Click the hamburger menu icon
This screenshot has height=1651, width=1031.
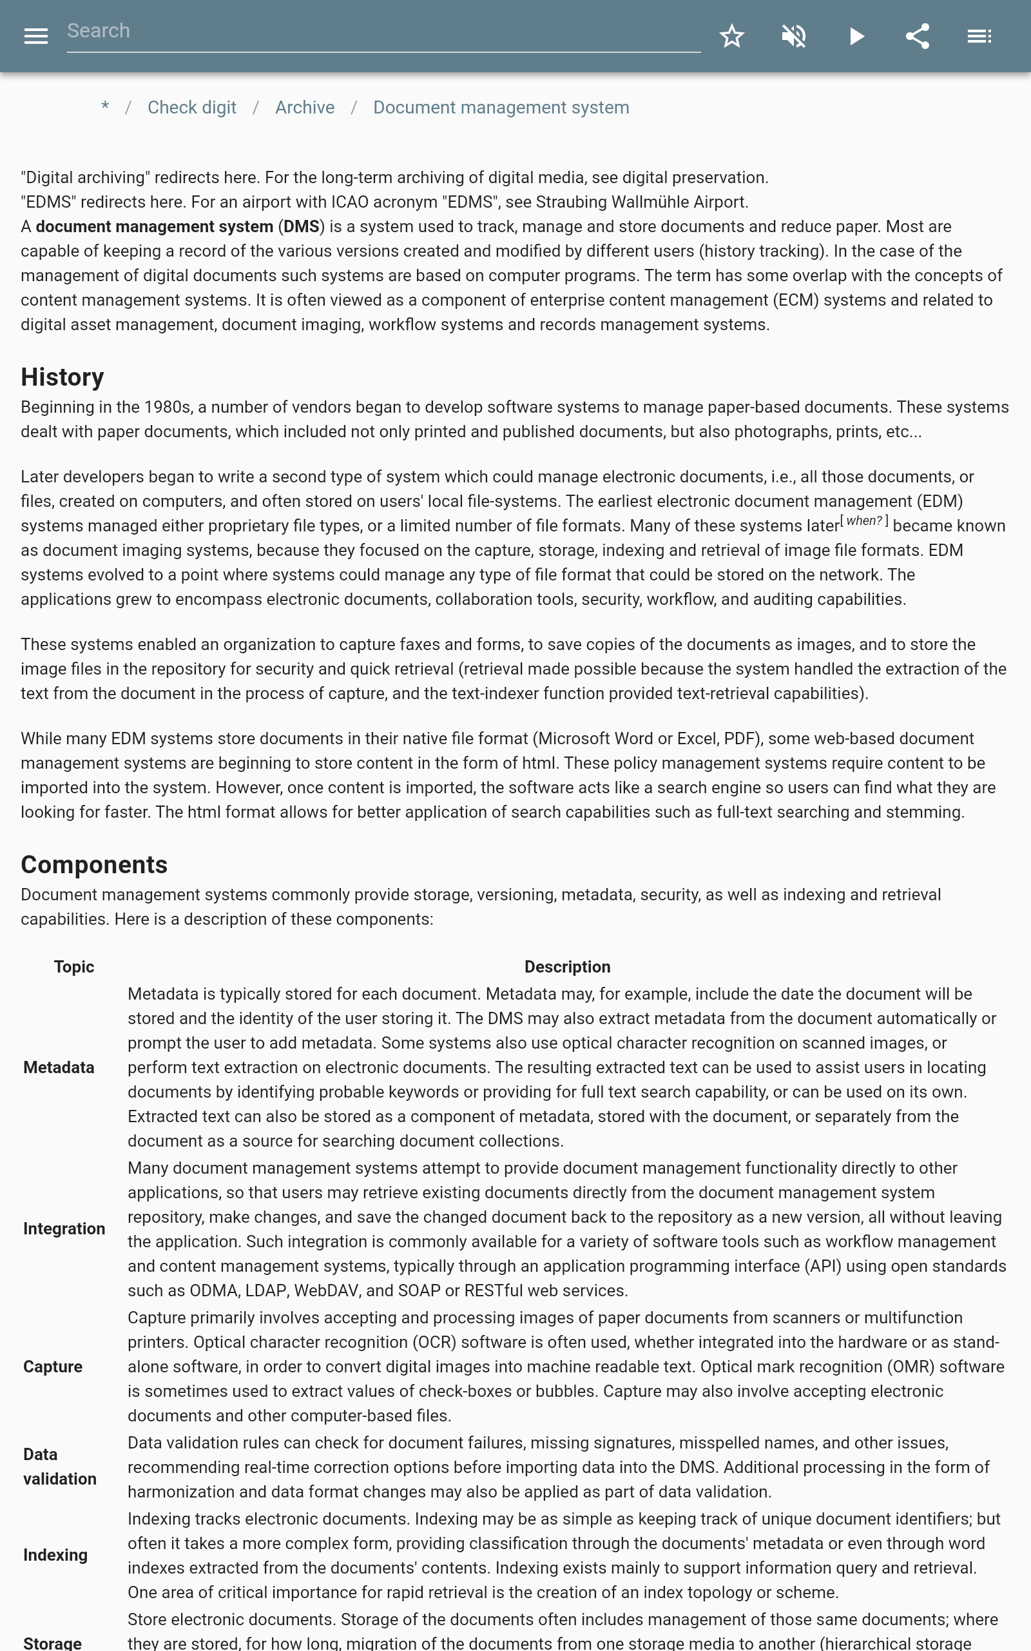click(x=36, y=36)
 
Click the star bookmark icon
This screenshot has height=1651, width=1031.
click(x=731, y=36)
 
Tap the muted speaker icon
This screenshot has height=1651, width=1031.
click(x=794, y=36)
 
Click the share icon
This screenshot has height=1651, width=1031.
click(x=917, y=36)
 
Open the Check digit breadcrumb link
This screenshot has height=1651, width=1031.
click(x=191, y=108)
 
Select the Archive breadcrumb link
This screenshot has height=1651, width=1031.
click(x=305, y=108)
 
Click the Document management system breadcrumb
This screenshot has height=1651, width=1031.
click(x=501, y=108)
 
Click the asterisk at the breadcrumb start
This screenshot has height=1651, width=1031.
click(x=105, y=108)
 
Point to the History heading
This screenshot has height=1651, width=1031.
click(x=62, y=377)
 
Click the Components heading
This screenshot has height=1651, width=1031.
click(x=94, y=864)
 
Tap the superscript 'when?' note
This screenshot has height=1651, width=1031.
click(x=864, y=521)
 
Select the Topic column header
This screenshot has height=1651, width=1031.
click(x=73, y=967)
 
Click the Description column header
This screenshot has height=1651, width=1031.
click(x=566, y=967)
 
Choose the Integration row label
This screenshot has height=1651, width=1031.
click(x=64, y=1229)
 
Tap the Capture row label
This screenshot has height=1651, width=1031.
click(x=52, y=1367)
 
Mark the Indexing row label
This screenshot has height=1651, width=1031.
click(x=55, y=1555)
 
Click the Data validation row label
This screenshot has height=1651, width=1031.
click(x=60, y=1466)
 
